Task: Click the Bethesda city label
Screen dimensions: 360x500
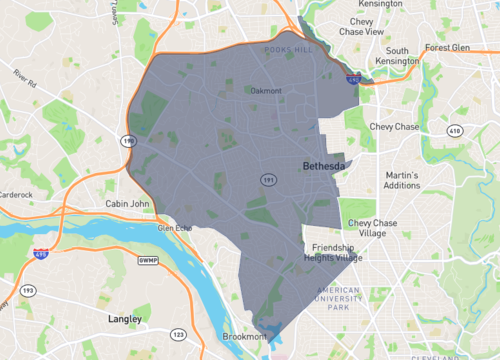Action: [x=325, y=165]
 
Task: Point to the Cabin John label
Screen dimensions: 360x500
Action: [x=127, y=203]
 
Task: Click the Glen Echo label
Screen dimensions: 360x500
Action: [x=174, y=227]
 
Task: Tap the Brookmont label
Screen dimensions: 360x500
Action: [x=243, y=337]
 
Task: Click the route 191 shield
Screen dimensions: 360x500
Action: [x=268, y=178]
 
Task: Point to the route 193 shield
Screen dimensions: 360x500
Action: [x=28, y=290]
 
